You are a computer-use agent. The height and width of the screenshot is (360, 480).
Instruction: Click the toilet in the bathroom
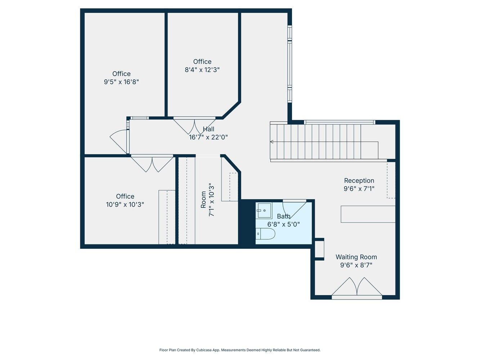click(265, 234)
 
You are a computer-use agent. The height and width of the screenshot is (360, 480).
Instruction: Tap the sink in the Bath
click(265, 211)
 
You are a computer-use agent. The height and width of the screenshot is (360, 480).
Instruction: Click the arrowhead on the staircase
click(272, 142)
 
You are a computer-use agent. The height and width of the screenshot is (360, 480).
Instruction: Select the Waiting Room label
click(356, 257)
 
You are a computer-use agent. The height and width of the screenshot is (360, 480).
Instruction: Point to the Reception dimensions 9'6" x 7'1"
click(359, 188)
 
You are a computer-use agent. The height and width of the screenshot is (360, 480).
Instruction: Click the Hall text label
click(208, 129)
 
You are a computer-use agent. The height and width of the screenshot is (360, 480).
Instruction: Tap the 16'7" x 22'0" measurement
click(208, 137)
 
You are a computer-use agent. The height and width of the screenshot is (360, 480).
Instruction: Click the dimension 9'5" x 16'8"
click(121, 82)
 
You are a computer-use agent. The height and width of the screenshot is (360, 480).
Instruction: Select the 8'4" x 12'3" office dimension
click(202, 70)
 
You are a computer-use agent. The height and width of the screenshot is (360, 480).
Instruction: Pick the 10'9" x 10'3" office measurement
click(125, 204)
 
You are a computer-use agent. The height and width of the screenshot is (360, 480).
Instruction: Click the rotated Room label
click(203, 199)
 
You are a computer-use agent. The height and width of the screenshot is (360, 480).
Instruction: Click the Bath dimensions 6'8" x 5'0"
click(283, 224)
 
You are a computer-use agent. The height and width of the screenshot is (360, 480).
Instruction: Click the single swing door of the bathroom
click(294, 210)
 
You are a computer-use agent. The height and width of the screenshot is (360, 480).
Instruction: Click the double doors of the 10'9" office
click(152, 163)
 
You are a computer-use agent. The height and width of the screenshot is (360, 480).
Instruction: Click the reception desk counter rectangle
click(368, 214)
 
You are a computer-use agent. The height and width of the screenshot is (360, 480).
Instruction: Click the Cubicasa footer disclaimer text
click(240, 350)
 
